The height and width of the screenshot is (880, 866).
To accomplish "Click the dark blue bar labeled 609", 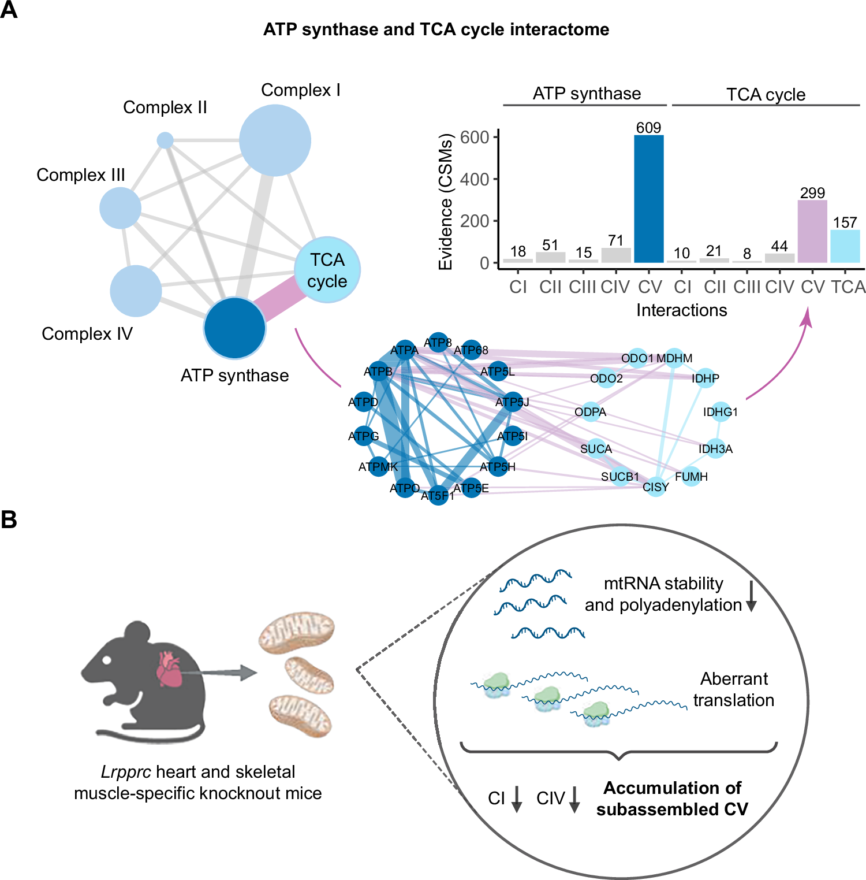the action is tap(648, 199).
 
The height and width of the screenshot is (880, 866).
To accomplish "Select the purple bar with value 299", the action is tap(812, 231).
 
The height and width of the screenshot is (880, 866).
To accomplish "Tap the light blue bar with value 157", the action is tap(845, 246).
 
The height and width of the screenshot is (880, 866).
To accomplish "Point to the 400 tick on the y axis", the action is tap(475, 179).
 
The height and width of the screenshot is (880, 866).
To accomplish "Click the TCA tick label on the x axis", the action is tap(848, 287).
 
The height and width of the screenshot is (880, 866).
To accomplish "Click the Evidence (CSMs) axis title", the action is tap(445, 202).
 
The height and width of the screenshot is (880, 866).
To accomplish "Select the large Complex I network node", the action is tap(275, 140).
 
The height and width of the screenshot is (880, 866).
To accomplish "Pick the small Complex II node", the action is tap(165, 140).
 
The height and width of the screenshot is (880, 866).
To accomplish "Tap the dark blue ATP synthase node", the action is tap(234, 328).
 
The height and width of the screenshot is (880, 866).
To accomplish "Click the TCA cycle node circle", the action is tap(327, 269).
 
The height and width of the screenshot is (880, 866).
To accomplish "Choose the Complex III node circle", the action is tap(120, 207).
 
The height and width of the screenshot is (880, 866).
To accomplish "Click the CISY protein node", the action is tap(656, 487).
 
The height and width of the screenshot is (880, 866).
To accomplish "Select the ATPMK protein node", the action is tap(379, 466).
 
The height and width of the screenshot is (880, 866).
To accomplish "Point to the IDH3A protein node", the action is tap(716, 449).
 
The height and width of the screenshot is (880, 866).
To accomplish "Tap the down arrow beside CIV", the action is tap(574, 799).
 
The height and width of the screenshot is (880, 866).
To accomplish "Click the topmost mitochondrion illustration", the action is tap(296, 632).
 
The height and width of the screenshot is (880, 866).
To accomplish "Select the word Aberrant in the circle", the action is tap(734, 678).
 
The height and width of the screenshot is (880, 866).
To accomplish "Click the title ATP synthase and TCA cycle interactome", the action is tap(436, 29).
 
